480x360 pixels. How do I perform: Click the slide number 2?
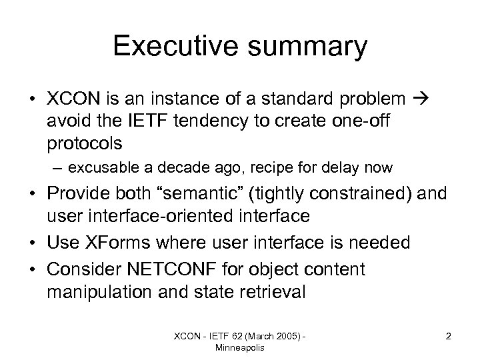(x=449, y=336)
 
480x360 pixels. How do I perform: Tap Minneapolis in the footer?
(x=239, y=347)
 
